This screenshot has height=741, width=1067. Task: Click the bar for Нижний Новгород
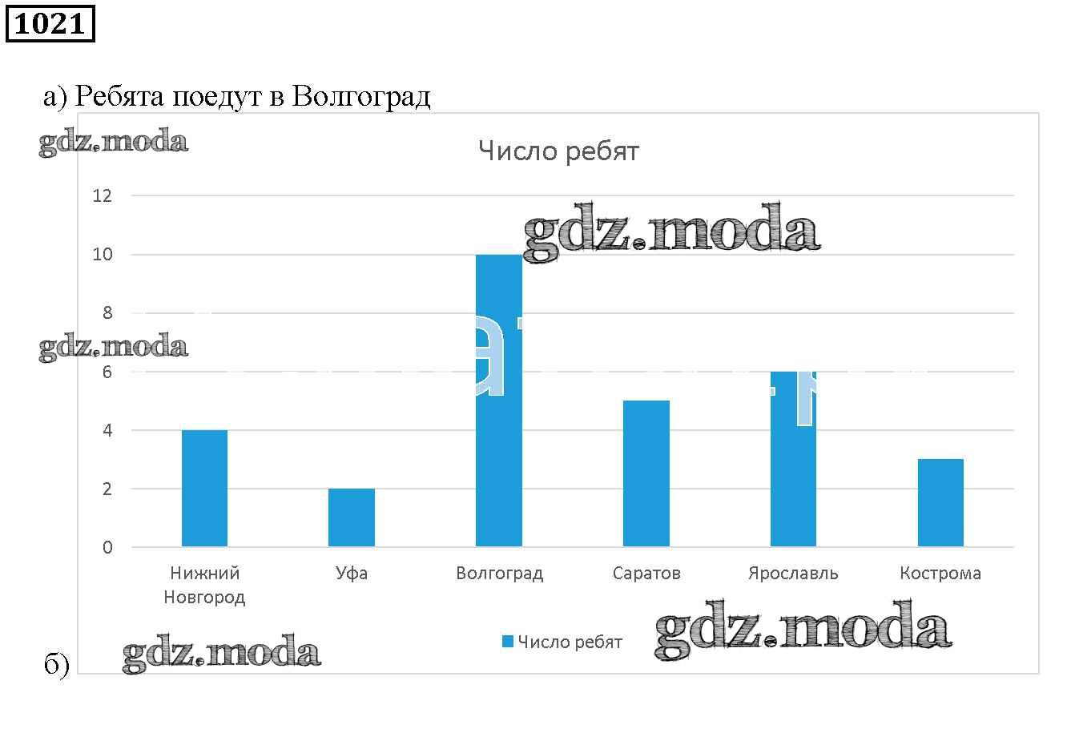[x=204, y=489]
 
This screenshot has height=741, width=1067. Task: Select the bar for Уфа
[x=352, y=517]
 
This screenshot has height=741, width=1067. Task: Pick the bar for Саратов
[x=646, y=473]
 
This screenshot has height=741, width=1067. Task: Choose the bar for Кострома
[x=940, y=503]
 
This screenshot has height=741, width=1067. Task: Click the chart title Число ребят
[x=558, y=151]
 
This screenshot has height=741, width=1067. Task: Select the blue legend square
[x=507, y=642]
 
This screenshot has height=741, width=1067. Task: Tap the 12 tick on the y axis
[x=103, y=195]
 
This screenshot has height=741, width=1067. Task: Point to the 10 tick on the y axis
[x=103, y=255]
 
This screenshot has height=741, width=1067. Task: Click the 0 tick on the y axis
[x=107, y=548]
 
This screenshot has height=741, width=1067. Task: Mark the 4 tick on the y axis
[x=107, y=431]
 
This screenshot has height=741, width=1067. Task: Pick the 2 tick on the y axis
[x=107, y=489]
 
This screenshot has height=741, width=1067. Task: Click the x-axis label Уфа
[x=352, y=574]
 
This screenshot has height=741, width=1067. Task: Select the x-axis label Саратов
[x=646, y=574]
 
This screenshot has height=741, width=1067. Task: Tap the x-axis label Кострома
[x=940, y=574]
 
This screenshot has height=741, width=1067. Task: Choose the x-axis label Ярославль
[x=793, y=574]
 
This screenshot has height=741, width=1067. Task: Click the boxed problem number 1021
[x=50, y=23]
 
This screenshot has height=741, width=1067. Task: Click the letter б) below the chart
[x=56, y=666]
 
